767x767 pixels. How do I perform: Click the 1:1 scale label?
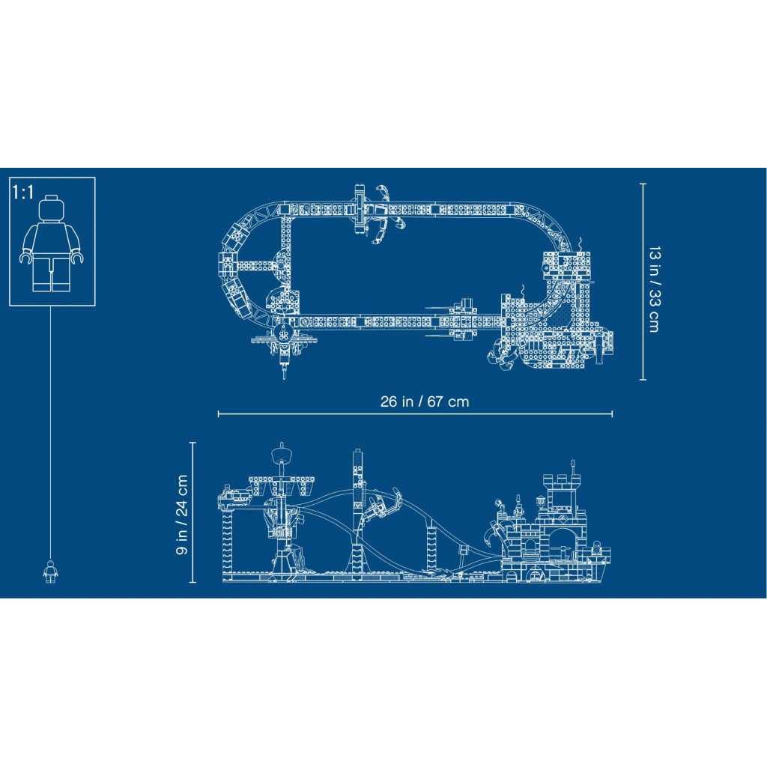coord(23,192)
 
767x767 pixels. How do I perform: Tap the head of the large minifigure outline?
coord(52,208)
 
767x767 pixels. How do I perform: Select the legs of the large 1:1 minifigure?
coord(52,275)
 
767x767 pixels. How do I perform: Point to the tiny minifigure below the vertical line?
coord(50,572)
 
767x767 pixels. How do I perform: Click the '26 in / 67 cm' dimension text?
coord(425,401)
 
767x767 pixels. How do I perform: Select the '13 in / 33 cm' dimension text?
coord(655,290)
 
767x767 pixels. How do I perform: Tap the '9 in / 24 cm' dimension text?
coord(182,514)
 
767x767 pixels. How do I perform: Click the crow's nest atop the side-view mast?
coord(282,455)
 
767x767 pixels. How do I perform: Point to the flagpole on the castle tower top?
coord(573,467)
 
